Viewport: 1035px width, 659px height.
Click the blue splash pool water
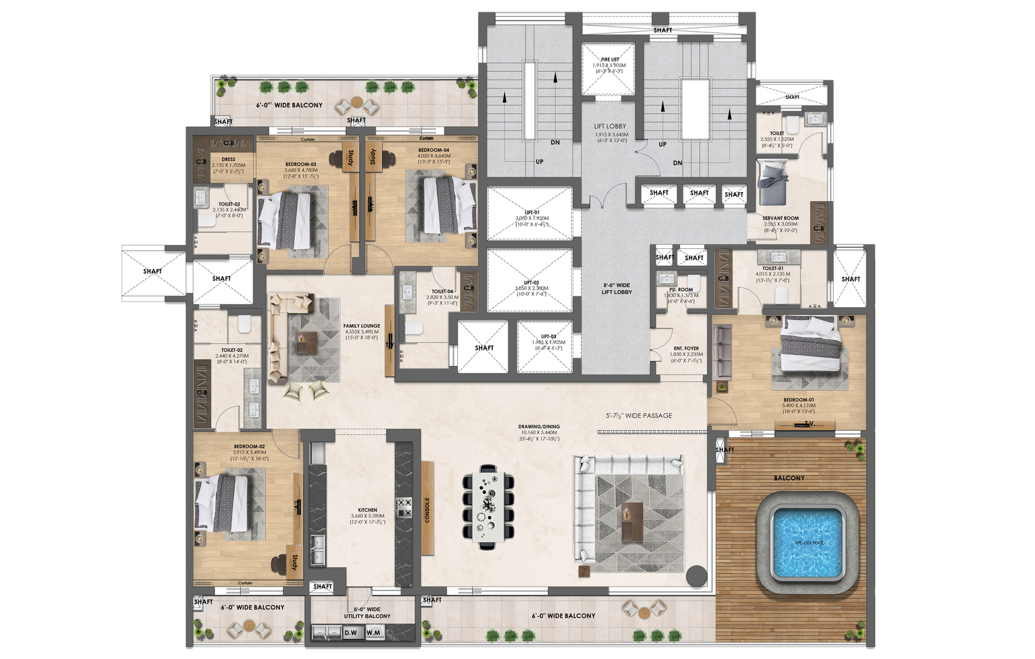[809, 542]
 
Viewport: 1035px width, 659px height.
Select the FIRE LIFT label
[609, 59]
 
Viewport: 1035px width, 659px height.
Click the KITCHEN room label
[367, 510]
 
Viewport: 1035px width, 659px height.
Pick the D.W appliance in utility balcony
[351, 632]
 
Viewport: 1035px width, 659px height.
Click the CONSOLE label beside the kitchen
[427, 510]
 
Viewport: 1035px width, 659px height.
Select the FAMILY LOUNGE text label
[362, 327]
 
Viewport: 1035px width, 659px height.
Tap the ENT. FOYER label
[686, 349]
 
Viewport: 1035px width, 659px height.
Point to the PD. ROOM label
[681, 290]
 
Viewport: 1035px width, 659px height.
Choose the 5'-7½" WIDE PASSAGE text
[638, 416]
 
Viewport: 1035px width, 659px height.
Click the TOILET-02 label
[231, 351]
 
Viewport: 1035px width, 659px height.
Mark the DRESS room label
[228, 159]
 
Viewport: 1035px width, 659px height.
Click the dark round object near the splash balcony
[697, 574]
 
